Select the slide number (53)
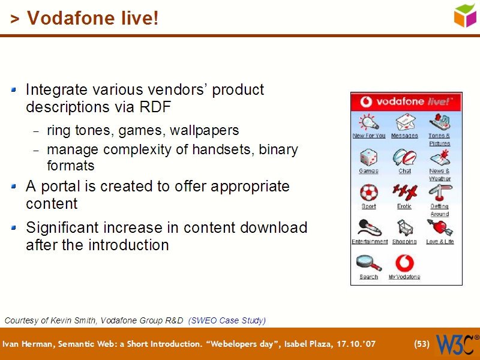tap(422, 344)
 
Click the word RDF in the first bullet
tap(156, 107)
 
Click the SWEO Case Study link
tap(227, 320)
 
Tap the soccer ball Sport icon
tap(368, 193)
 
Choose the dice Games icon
tap(368, 158)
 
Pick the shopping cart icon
tap(404, 228)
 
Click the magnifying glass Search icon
tap(368, 263)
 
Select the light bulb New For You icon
tap(368, 122)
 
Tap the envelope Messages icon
tap(404, 122)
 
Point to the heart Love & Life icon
tap(440, 228)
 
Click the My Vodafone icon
tap(404, 263)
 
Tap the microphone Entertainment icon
tap(368, 228)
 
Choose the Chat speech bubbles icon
tap(404, 158)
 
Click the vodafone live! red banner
tap(406, 101)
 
